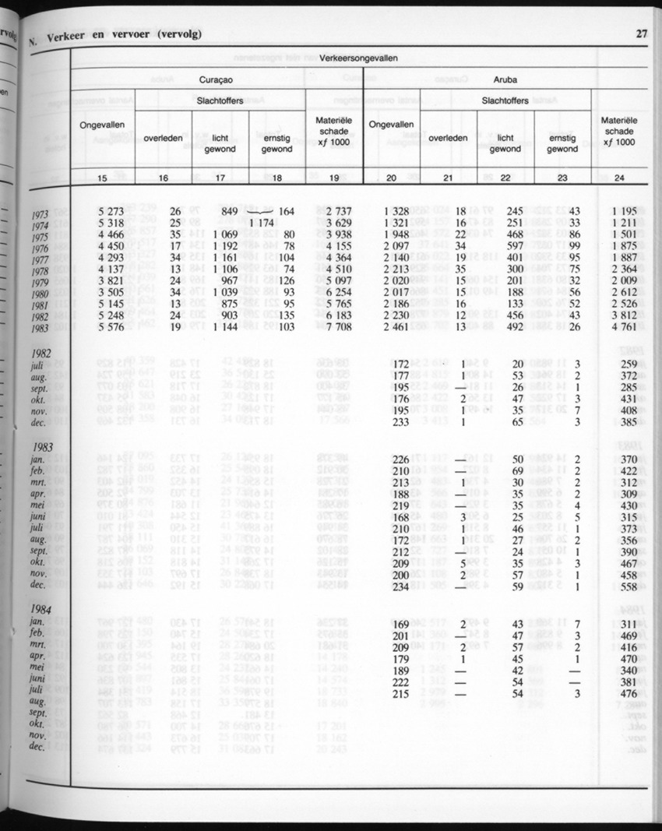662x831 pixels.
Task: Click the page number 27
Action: [x=642, y=33]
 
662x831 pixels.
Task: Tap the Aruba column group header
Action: [x=506, y=79]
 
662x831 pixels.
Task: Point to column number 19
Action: [x=334, y=178]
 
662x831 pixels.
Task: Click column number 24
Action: [x=619, y=178]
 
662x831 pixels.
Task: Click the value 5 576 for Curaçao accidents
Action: [x=108, y=326]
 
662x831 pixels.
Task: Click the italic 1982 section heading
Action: [x=39, y=352]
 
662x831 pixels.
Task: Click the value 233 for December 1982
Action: [x=400, y=422]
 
